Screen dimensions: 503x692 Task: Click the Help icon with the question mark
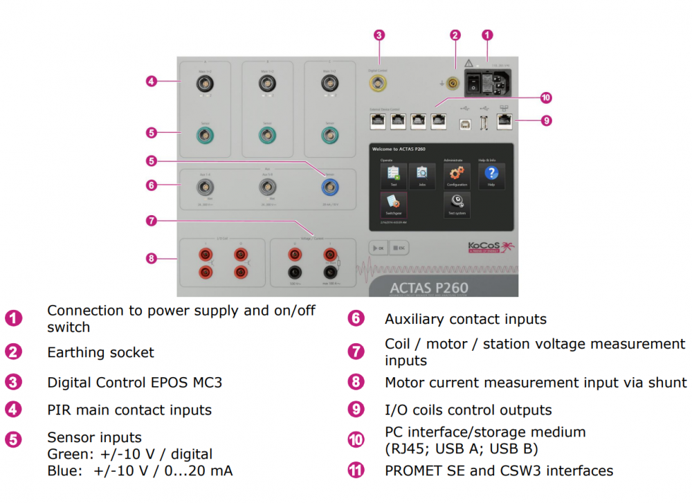(491, 174)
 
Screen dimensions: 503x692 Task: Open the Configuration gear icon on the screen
(457, 174)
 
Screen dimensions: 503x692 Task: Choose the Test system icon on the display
(457, 203)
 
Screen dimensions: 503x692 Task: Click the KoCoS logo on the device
(484, 247)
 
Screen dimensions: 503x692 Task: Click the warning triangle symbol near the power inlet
(468, 65)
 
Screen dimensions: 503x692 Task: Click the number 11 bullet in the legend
(356, 470)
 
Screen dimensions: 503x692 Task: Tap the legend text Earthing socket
(100, 352)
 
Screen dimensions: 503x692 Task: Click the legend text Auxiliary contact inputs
(465, 319)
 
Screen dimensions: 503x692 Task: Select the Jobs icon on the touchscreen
(422, 174)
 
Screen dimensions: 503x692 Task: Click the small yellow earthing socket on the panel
(453, 84)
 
